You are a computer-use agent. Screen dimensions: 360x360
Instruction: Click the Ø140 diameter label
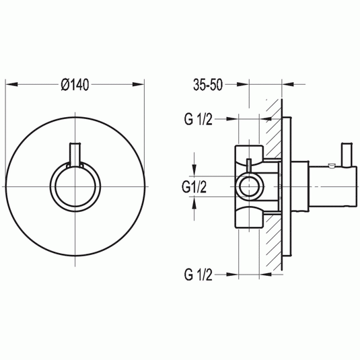coord(75,85)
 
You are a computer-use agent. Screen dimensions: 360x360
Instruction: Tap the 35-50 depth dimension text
coord(207,85)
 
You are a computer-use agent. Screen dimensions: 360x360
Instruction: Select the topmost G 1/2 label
coord(199,119)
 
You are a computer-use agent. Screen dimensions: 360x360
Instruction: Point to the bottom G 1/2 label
coord(199,274)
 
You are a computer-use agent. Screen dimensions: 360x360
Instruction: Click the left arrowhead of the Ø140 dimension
coord(9,85)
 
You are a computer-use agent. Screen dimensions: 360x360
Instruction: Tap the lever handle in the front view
coord(75,155)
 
